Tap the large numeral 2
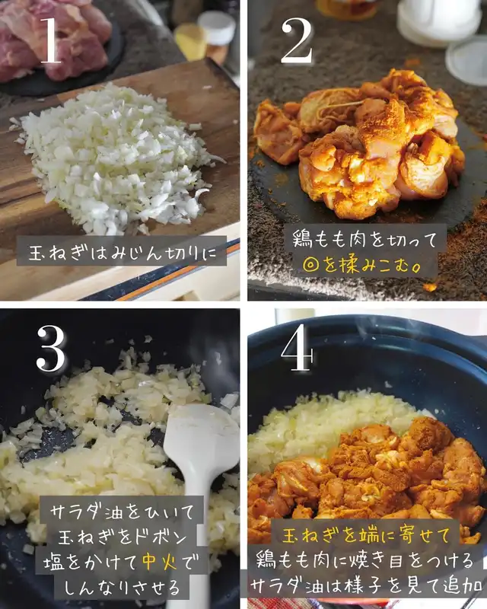point(297,40)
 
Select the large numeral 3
point(51,349)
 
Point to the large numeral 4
point(297,347)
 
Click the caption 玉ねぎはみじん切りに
point(122,253)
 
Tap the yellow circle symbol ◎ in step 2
point(311,265)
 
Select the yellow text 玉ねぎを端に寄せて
point(366,536)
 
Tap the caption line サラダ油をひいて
point(122,512)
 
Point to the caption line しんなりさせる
point(122,587)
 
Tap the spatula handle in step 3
point(199,544)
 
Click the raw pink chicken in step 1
point(54,39)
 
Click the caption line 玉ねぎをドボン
point(123,537)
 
